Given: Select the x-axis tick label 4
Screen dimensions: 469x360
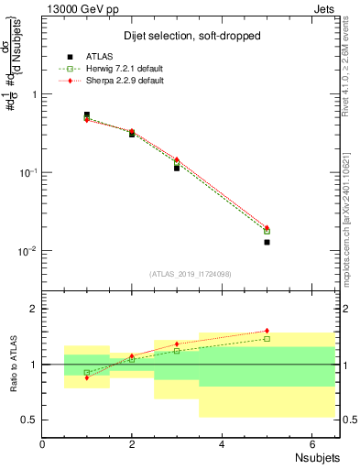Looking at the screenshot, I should tap(223, 444).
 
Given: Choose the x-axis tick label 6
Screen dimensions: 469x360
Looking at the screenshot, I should tap(312, 444).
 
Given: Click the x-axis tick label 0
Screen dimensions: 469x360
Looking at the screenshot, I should tap(43, 444).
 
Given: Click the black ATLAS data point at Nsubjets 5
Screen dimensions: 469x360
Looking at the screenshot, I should tap(267, 242).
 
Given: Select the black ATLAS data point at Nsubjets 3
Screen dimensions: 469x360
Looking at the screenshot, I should tap(177, 168).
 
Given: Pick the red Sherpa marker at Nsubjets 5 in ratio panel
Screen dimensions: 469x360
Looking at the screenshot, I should tap(267, 331).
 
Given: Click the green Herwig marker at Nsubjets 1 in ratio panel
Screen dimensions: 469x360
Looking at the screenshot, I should tap(87, 373).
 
